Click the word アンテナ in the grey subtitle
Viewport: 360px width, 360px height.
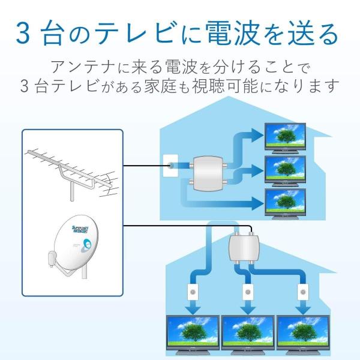(83, 67)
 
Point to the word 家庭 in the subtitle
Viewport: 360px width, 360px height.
(160, 86)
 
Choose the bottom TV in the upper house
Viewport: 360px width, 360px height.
(285, 204)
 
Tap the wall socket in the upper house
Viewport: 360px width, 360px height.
(170, 166)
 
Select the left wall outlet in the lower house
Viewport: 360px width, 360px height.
(193, 292)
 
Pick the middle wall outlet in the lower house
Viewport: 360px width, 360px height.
(248, 292)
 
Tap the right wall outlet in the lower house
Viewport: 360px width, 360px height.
(303, 292)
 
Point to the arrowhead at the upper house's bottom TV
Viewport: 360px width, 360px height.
(257, 203)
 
